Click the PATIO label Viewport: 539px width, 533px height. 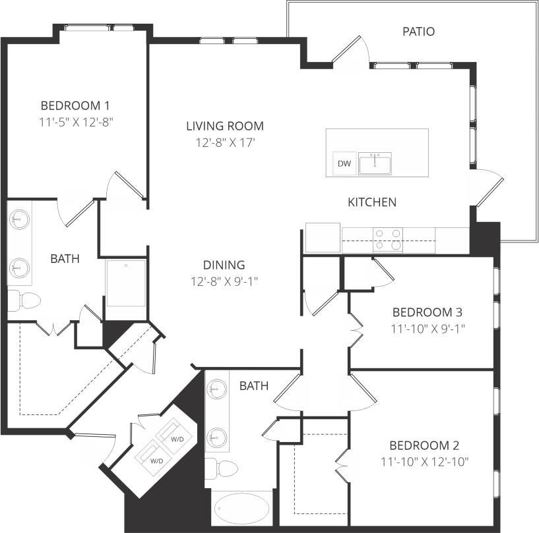click(x=418, y=32)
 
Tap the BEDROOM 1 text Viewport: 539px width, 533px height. click(x=75, y=105)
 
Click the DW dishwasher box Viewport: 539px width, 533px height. click(x=344, y=163)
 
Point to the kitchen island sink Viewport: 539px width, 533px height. click(x=375, y=163)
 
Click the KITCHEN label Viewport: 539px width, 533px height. click(x=372, y=202)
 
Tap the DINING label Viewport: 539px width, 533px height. click(x=224, y=265)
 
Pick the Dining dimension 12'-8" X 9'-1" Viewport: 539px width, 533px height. click(x=224, y=281)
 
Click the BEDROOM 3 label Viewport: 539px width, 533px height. click(x=426, y=312)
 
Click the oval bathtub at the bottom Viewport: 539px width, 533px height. click(x=241, y=509)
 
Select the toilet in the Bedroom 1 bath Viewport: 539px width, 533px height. click(x=24, y=300)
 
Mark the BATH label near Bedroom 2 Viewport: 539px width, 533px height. click(x=254, y=386)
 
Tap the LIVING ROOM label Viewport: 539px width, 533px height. click(x=224, y=126)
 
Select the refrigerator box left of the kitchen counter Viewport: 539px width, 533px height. click(x=323, y=237)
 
